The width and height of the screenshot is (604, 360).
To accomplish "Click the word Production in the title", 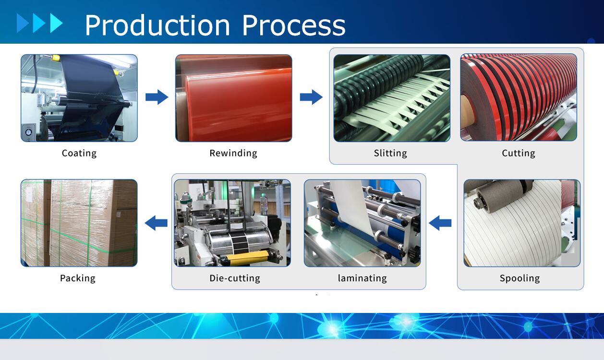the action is pyautogui.click(x=157, y=25).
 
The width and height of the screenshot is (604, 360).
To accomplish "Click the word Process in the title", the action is pyautogui.click(x=294, y=25).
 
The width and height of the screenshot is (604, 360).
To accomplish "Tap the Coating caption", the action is pyautogui.click(x=79, y=153).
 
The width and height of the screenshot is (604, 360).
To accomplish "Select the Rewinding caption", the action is pyautogui.click(x=233, y=153).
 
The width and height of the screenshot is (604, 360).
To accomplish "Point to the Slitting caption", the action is pyautogui.click(x=390, y=153).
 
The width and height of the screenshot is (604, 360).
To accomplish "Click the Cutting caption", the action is pyautogui.click(x=518, y=153).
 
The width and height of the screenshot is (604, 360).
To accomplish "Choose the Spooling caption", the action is pyautogui.click(x=519, y=278).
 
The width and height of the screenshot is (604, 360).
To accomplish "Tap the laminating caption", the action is pyautogui.click(x=362, y=278).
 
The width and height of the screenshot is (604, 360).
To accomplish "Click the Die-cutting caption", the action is pyautogui.click(x=235, y=278).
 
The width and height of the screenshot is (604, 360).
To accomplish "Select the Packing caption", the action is pyautogui.click(x=78, y=278).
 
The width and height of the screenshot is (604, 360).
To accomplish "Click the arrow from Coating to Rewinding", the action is pyautogui.click(x=157, y=97).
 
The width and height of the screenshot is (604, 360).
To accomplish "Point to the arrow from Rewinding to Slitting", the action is pyautogui.click(x=311, y=97).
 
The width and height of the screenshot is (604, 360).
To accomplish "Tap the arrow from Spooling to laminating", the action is pyautogui.click(x=440, y=223).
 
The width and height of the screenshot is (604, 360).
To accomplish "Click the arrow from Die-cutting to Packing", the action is pyautogui.click(x=156, y=223).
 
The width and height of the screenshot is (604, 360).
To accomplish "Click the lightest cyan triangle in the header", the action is pyautogui.click(x=56, y=23).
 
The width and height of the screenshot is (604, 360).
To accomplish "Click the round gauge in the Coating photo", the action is pyautogui.click(x=28, y=132).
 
